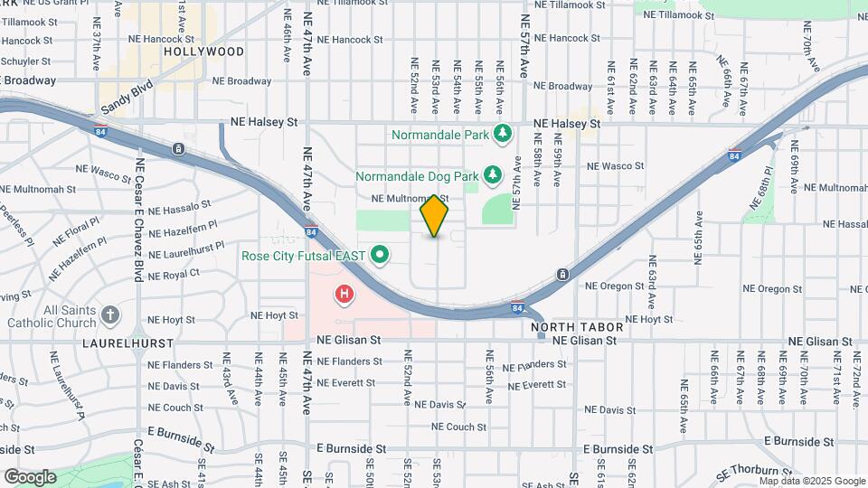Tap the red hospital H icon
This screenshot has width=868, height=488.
[344, 294]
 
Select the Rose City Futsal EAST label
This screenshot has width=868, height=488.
[303, 256]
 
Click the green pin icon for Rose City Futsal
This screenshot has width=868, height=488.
[380, 256]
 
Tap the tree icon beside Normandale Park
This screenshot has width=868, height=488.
[503, 135]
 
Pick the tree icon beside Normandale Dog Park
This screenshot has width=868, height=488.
[493, 174]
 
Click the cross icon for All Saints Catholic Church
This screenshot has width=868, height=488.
[110, 315]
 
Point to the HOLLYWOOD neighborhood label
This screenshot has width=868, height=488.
[204, 52]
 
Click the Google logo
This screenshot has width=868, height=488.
[30, 476]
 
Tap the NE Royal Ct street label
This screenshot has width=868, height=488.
[173, 275]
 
